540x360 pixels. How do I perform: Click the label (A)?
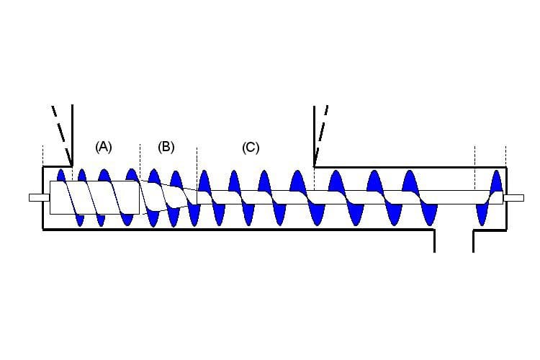(104, 147)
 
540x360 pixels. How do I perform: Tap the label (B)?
(166, 147)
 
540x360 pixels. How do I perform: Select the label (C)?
(251, 148)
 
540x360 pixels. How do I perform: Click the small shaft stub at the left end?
(38, 197)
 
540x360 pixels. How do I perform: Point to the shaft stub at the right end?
(513, 197)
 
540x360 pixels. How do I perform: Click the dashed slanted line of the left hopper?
(59, 130)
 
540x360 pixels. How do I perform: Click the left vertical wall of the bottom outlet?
(435, 241)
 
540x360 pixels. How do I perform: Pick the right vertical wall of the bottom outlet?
(473, 241)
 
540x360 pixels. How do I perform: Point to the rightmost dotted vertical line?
(505, 155)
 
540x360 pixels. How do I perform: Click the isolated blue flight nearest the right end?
(496, 180)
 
